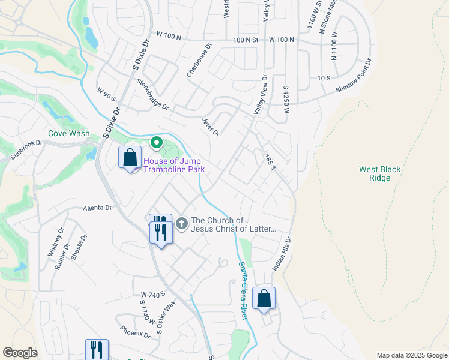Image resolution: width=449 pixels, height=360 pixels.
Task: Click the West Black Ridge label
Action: click(379, 174)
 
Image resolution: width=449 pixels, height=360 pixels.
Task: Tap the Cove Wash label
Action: click(69, 134)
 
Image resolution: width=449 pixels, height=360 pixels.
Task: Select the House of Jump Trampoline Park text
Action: click(173, 165)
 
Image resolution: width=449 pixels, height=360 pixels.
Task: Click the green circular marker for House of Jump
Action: click(157, 143)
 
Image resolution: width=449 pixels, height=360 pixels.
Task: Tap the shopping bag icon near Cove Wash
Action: click(130, 158)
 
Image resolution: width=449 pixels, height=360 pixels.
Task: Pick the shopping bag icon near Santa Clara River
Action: click(264, 299)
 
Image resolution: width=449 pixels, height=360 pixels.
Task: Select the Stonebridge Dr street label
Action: click(153, 94)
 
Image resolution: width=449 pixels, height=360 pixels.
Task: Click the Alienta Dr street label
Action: click(97, 208)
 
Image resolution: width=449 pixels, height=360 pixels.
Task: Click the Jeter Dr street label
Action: click(211, 126)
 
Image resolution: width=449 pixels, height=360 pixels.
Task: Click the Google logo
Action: click(20, 353)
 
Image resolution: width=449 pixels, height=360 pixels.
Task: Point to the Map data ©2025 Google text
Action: click(412, 355)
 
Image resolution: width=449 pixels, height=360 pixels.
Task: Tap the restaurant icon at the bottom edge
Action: click(97, 350)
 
